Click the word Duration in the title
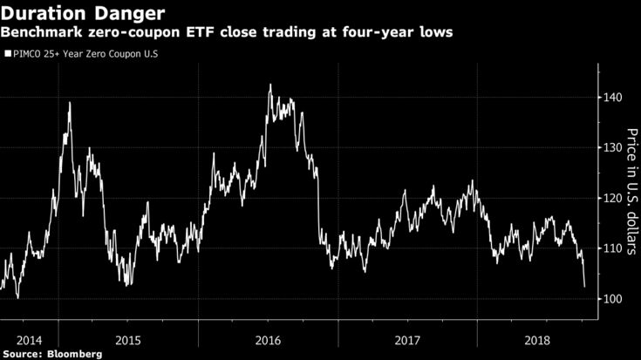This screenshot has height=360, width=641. [44, 14]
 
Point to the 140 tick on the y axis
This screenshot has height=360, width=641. [614, 98]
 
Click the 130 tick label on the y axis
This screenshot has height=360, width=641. [614, 148]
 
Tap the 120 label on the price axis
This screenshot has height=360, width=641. [614, 199]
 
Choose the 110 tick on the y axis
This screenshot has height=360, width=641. [614, 249]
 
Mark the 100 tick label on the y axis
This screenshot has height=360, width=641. [614, 299]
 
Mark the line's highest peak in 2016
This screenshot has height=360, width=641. [270, 85]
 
